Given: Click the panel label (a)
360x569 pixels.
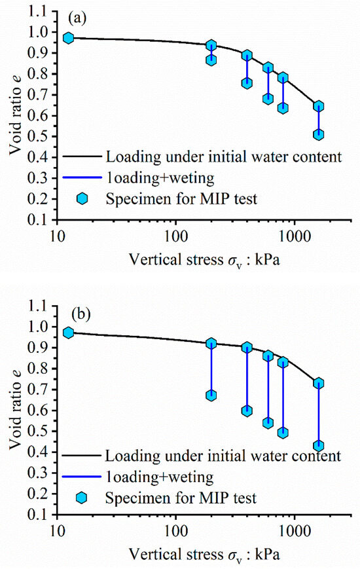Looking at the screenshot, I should pos(74,19).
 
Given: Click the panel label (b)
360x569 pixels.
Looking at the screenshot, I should pos(75,314).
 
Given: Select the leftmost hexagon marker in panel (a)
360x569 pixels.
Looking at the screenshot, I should pos(68,38).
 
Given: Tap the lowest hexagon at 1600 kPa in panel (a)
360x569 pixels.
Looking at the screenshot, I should pos(319,134).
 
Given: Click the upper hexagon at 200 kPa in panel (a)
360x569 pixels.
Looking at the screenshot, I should pos(211,45).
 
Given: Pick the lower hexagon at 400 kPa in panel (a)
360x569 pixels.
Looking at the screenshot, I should pos(247,83).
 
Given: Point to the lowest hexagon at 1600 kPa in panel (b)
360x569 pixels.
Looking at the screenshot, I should pos(319,446).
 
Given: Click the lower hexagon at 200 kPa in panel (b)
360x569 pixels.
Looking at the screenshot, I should pos(211,395).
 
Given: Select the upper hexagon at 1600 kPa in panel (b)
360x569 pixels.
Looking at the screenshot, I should pos(319,383).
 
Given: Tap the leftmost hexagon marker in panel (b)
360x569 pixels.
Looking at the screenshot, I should pos(68,333).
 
